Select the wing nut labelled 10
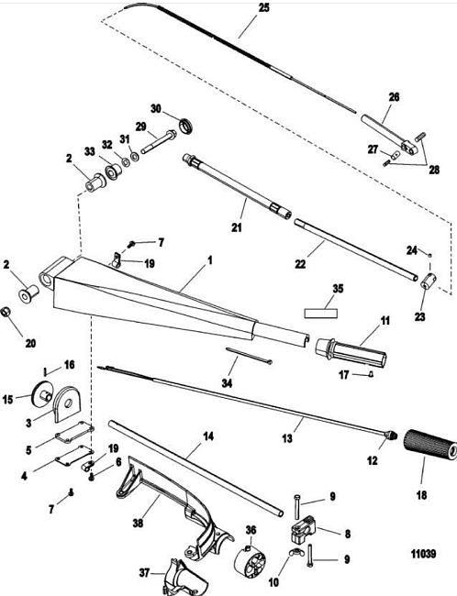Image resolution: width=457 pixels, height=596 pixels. pos(294,552)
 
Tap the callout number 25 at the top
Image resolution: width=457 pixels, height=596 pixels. pos(263,8)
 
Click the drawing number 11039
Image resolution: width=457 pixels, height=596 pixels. pos(423,554)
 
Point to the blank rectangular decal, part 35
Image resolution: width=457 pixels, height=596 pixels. pos(321,314)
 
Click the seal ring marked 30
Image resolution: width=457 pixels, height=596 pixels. pos(186,126)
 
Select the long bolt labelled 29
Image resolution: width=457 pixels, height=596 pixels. pos(159,142)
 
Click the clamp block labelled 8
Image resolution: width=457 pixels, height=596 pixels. pos(303,528)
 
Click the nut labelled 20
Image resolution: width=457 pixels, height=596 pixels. pos(6,312)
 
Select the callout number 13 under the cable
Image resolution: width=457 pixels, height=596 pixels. pos(287,438)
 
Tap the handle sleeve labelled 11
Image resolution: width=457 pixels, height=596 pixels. pos(351,350)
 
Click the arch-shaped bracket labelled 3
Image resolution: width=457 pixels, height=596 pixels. pos(67,403)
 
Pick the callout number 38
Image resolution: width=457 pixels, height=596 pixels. pos(139,523)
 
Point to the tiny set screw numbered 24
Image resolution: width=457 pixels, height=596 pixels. pos(430,255)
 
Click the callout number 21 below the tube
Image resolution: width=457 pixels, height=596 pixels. pos(237,227)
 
